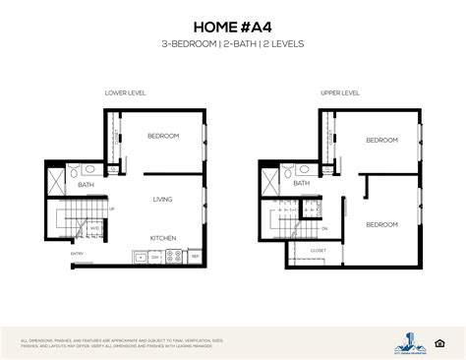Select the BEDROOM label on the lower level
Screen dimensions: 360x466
(163, 135)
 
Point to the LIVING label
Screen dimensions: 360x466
(162, 200)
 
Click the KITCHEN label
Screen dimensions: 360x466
(162, 237)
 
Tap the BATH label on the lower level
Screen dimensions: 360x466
(87, 184)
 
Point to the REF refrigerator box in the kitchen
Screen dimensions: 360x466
(195, 257)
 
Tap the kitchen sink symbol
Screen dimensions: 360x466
(144, 259)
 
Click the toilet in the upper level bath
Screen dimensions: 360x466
(285, 169)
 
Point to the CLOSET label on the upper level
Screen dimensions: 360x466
(318, 250)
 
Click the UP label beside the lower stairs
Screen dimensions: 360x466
(112, 209)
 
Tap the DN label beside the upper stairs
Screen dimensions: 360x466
(325, 227)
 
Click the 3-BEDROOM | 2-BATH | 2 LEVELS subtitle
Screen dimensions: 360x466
(232, 46)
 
